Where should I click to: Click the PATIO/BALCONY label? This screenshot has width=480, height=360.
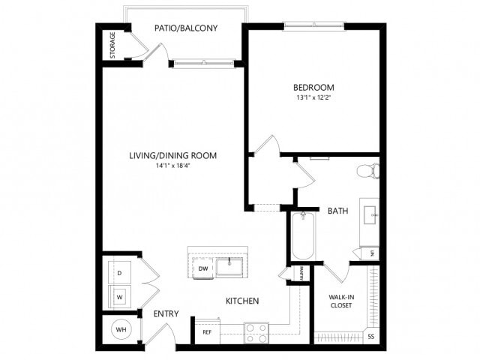coord(186,28)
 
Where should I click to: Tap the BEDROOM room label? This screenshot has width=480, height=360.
coord(314,87)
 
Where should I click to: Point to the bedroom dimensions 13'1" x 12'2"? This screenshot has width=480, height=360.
coord(314,97)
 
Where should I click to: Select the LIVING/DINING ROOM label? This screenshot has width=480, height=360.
coord(172,156)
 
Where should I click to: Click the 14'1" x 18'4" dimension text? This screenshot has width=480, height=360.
coord(172,166)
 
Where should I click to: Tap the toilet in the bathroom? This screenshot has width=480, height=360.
coord(367,171)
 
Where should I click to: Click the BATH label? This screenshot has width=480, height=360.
coord(337,211)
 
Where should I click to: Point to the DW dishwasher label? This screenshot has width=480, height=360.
coord(202,268)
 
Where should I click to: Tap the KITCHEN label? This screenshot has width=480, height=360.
coord(242,301)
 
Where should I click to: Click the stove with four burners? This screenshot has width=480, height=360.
coord(256,332)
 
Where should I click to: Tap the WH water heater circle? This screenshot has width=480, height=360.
coord(120,329)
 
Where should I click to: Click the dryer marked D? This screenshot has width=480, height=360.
coord(120,273)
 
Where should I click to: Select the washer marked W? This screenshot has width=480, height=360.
coord(120,296)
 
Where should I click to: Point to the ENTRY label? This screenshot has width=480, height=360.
coord(165,313)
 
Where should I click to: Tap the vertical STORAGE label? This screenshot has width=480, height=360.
coord(112,45)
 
